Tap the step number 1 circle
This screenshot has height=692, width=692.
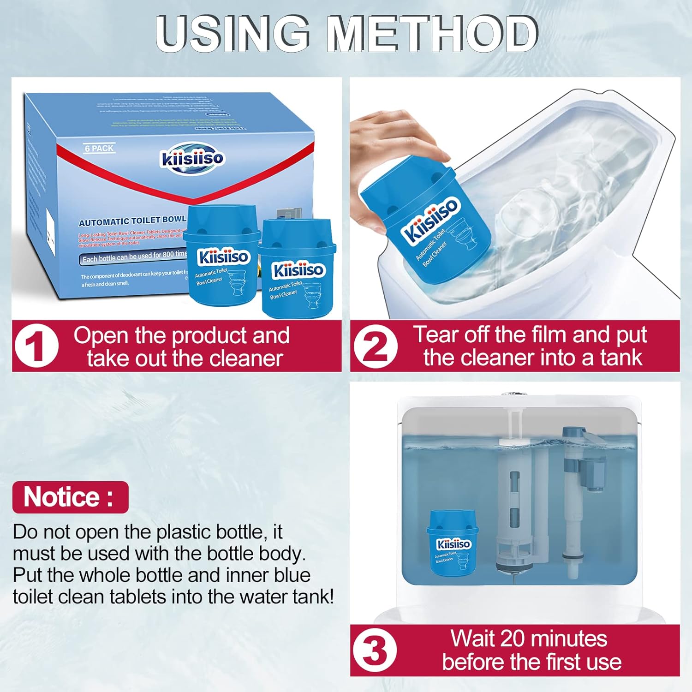pyautogui.click(x=36, y=346)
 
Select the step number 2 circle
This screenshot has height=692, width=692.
pyautogui.click(x=375, y=346)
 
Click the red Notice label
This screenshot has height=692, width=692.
pyautogui.click(x=70, y=497)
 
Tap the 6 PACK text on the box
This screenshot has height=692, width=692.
pyautogui.click(x=99, y=149)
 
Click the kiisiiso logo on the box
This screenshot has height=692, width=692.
pyautogui.click(x=192, y=158)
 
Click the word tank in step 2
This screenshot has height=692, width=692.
pyautogui.click(x=621, y=358)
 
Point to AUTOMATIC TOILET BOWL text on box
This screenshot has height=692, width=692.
pyautogui.click(x=132, y=221)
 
